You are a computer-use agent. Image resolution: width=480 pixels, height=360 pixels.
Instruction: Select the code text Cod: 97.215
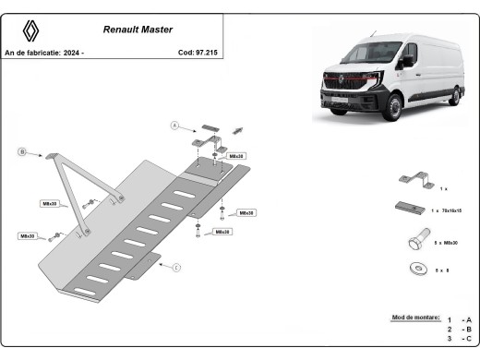pos(198,53)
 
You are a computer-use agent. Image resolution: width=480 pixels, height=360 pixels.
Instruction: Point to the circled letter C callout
pos(174,268)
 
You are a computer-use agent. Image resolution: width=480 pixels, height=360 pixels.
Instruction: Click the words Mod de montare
pos(415,317)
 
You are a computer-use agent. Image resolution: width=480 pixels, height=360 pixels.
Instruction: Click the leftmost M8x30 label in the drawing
pos(28,236)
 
